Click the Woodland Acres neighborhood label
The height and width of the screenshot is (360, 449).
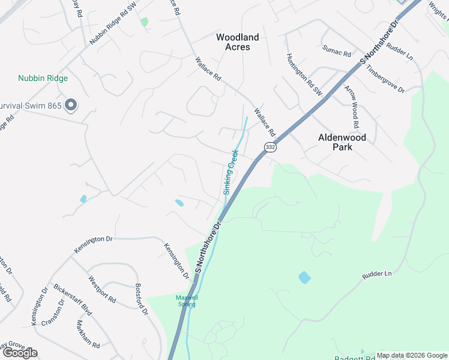click(238, 42)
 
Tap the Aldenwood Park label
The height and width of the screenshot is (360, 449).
click(343, 142)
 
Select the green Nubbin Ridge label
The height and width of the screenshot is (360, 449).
click(43, 78)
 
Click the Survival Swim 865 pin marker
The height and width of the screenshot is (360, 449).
click(71, 106)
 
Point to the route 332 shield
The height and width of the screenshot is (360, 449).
click(270, 147)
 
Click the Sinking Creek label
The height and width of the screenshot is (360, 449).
click(231, 172)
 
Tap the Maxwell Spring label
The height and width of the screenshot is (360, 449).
click(186, 301)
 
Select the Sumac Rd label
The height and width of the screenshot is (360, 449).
click(336, 50)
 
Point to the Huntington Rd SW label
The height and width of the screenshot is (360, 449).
click(304, 75)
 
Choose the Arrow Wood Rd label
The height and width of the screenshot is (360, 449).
click(351, 107)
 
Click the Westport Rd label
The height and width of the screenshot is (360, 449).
click(101, 289)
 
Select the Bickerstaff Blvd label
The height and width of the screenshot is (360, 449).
click(72, 299)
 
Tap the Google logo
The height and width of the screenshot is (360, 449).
click(20, 353)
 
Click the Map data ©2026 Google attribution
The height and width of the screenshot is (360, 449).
click(412, 355)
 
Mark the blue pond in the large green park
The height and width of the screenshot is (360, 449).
click(304, 277)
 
